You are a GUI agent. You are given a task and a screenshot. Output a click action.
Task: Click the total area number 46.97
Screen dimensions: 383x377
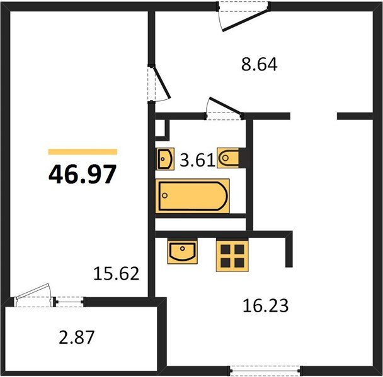coord(83,174)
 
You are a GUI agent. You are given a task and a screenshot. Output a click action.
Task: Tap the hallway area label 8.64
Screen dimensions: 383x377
coord(259,64)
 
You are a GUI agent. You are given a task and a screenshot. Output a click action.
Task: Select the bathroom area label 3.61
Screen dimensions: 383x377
coord(197,160)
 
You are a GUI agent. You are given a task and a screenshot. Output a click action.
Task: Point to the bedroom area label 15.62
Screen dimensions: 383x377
coord(117,273)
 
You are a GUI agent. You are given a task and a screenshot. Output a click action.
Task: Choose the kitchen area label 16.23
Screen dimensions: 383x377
coord(265,305)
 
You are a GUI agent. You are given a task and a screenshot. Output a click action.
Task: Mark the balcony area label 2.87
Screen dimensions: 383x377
coord(76,337)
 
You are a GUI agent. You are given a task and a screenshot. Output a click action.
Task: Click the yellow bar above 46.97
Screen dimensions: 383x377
coord(83,152)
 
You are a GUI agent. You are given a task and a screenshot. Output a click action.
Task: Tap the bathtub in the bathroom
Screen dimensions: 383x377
coord(193,196)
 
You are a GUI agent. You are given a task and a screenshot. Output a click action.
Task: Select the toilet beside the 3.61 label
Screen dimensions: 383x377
coord(228,158)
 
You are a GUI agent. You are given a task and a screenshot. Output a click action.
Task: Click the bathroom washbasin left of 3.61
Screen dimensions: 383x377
coord(165,159)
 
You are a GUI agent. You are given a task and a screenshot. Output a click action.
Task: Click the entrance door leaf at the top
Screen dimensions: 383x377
coord(245,21)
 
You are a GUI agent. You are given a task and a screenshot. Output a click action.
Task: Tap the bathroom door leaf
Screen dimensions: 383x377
coord(226,106)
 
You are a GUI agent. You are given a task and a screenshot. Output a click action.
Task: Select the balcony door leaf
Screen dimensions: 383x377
coord(32,291)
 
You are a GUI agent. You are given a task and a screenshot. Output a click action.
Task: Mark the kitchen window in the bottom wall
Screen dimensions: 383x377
coord(266,371)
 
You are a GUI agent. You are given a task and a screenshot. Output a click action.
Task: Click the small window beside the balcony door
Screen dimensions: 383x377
coord(69,302)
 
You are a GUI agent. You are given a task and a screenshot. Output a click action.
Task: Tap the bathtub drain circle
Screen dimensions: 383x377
coord(164,195)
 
